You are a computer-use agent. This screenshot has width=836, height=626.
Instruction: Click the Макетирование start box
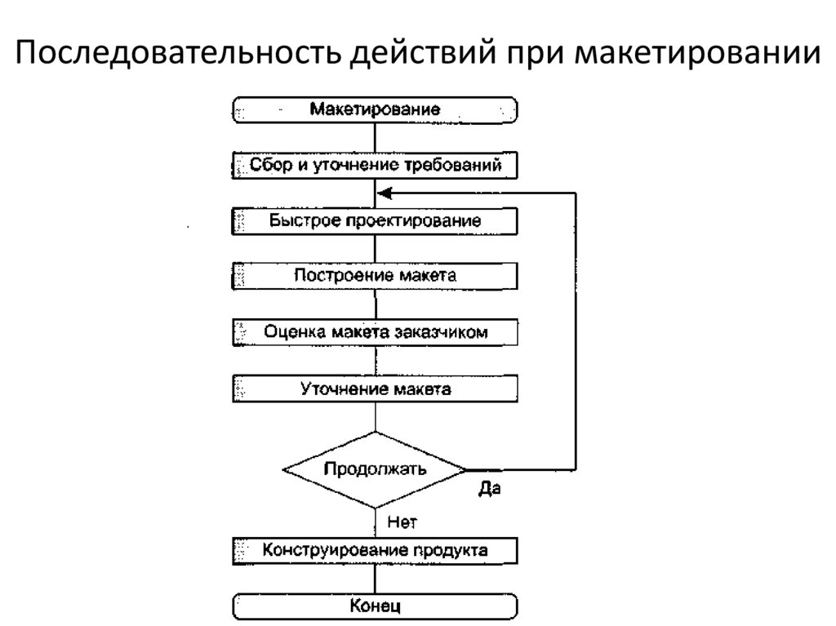click(376, 109)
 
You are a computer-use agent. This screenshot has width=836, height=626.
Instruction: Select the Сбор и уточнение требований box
click(376, 166)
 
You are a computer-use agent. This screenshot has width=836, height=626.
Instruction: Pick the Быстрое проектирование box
click(376, 221)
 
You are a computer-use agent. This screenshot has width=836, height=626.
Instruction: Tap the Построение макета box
click(376, 276)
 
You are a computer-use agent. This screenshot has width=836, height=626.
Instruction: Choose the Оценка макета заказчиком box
click(376, 332)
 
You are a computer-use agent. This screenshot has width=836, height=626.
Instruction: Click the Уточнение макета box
click(376, 388)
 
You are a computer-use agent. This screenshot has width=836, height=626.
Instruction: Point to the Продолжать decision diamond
click(375, 470)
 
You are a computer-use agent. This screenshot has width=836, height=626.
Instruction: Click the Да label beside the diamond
click(489, 490)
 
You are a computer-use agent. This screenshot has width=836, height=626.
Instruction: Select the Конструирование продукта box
click(376, 550)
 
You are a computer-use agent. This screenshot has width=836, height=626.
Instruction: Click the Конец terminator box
click(376, 606)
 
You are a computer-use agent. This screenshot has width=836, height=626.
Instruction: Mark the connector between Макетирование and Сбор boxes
click(376, 137)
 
